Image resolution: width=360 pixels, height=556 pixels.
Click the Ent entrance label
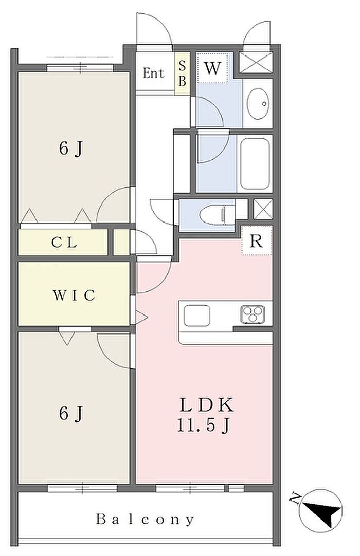click(x=153, y=73)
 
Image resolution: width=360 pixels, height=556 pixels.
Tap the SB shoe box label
click(x=182, y=73)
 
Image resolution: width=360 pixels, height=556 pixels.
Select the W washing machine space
click(x=212, y=68)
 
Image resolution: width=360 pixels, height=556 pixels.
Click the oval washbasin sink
click(x=258, y=103)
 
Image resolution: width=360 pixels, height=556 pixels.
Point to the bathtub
click(x=255, y=164)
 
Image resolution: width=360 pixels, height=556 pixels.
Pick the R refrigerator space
click(x=256, y=241)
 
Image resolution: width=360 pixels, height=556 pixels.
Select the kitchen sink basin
click(x=196, y=315)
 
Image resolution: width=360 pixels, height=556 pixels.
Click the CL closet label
click(x=64, y=243)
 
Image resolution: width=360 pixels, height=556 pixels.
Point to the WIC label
click(x=74, y=295)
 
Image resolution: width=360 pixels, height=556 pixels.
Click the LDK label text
click(x=207, y=405)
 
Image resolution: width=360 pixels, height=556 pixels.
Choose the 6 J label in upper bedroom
click(x=71, y=148)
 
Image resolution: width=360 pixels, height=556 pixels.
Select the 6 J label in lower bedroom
click(x=71, y=414)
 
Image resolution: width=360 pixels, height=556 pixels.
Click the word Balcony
click(x=145, y=520)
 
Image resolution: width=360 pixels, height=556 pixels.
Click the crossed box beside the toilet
click(x=263, y=209)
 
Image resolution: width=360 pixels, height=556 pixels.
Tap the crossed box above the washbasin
click(x=256, y=63)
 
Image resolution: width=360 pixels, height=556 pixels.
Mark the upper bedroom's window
click(x=80, y=67)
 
